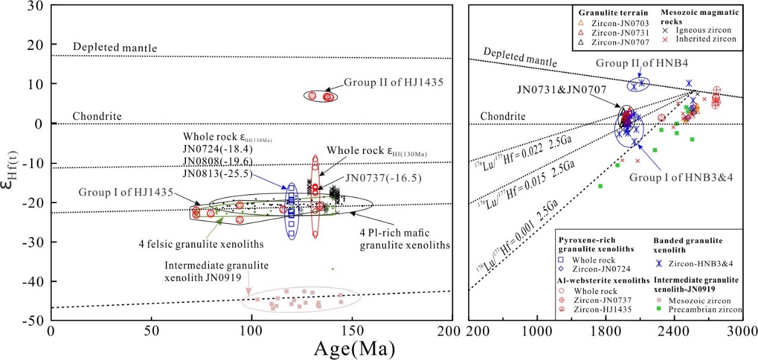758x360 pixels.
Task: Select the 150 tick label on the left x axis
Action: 351,331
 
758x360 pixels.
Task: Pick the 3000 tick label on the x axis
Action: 743,331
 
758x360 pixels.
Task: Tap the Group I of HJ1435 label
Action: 126,192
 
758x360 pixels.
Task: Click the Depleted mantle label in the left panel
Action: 109,47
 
